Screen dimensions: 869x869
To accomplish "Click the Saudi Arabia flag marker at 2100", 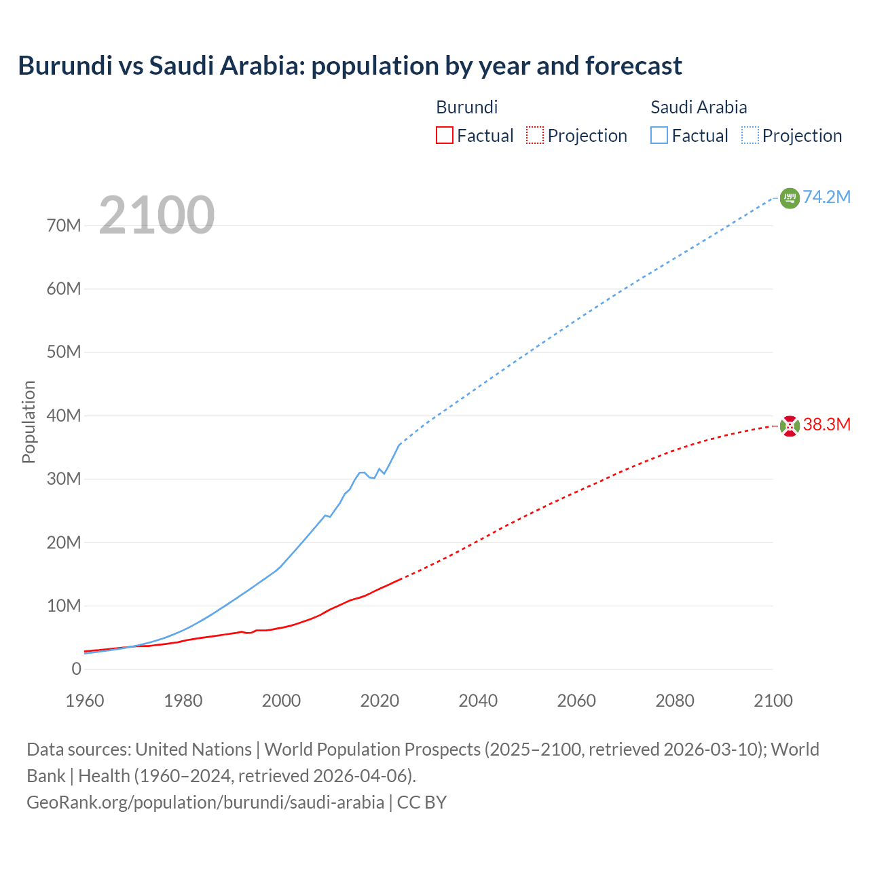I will coord(790,198).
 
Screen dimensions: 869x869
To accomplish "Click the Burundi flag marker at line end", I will coord(790,426).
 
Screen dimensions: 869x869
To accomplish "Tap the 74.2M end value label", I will coord(826,197).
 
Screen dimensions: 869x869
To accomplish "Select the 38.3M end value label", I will coord(826,424).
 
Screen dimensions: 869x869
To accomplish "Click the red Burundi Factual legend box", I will coord(444,135).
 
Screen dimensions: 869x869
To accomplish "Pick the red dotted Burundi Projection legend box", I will coord(534,135).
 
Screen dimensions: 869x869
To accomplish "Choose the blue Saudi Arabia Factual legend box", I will coord(659,135).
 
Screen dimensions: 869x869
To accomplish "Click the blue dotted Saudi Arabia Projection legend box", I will coord(750,135).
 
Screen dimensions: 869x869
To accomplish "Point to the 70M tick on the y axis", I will coord(64,225).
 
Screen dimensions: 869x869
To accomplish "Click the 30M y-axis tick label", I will coord(64,479).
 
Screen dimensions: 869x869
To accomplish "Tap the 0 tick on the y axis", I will coord(76,669).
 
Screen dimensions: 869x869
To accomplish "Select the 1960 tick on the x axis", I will coord(85,701).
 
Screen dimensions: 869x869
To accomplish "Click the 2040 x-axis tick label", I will coord(478,701).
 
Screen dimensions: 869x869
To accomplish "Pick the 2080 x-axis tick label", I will coord(675,701).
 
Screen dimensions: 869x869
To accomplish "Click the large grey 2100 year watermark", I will coord(157,215).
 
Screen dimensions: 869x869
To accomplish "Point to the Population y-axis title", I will coord(29,422).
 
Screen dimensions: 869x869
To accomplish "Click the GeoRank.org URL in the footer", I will coord(205,802).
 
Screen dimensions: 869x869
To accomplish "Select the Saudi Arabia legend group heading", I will coord(699,107).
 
